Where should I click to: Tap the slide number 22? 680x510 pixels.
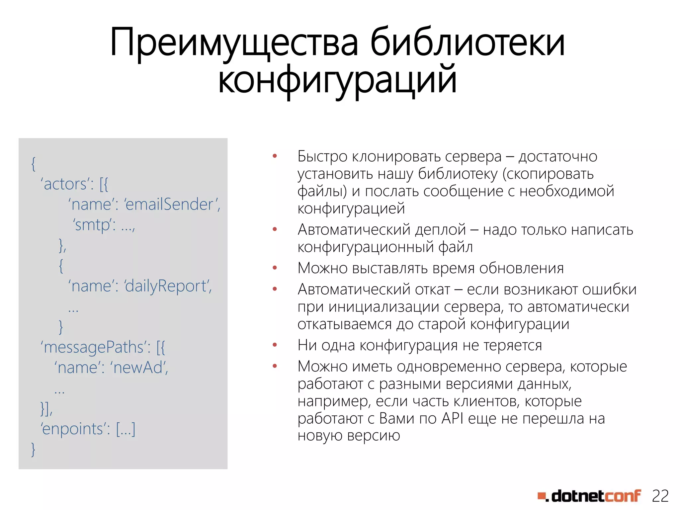tap(660, 496)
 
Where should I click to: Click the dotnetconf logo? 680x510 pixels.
tap(589, 496)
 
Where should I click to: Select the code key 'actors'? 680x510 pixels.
tap(65, 184)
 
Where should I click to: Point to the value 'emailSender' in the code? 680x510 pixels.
tap(171, 205)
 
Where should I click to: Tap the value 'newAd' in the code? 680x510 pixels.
tap(139, 368)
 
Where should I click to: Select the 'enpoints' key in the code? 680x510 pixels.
tap(74, 429)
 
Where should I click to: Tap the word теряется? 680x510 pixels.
tap(513, 345)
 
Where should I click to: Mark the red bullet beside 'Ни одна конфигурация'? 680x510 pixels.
tap(275, 345)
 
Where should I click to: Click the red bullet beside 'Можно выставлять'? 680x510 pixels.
tap(275, 268)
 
